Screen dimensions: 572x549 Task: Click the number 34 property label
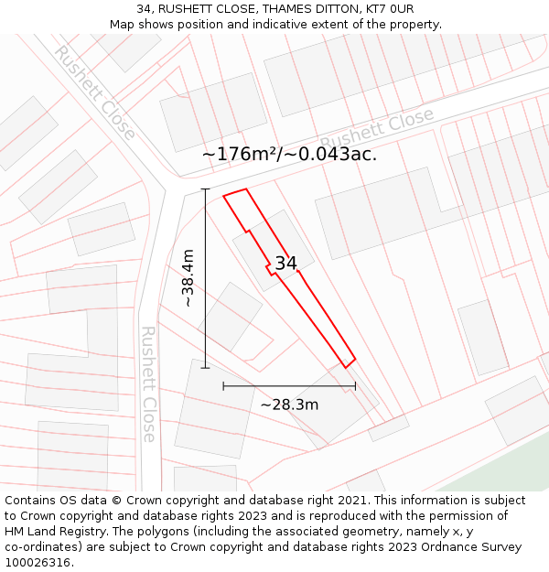pyautogui.click(x=285, y=264)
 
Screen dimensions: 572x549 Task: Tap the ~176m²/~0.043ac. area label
pyautogui.click(x=289, y=154)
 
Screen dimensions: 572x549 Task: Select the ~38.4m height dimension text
pyautogui.click(x=188, y=278)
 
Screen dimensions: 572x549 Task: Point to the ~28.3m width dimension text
pyautogui.click(x=289, y=405)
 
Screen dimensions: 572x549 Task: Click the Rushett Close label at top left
pyautogui.click(x=93, y=92)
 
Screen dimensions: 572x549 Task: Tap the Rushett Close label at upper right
pyautogui.click(x=377, y=130)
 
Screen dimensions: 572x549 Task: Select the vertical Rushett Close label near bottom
pyautogui.click(x=148, y=384)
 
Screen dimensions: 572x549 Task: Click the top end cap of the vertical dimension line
pyautogui.click(x=205, y=189)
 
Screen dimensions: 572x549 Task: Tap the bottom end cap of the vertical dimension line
pyautogui.click(x=205, y=368)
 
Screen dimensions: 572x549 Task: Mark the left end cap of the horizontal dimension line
pyautogui.click(x=223, y=386)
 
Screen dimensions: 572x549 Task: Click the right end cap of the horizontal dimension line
pyautogui.click(x=355, y=386)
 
